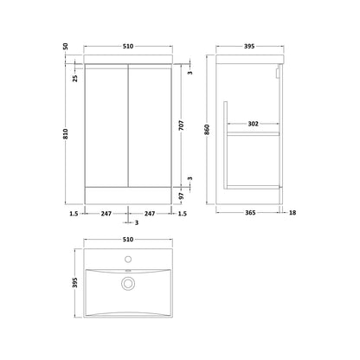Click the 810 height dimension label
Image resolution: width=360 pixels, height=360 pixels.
[x=66, y=133]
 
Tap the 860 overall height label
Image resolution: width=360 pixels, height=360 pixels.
[x=207, y=130]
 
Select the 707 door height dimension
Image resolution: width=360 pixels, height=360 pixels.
[x=181, y=125]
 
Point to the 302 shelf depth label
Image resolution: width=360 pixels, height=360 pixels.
[x=253, y=124]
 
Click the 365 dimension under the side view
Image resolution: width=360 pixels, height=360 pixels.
[x=250, y=213]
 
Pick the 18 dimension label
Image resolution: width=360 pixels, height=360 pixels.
[x=292, y=213]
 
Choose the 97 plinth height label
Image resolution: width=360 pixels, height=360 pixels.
[x=181, y=196]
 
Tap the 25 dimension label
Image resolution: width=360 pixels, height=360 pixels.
[x=75, y=78]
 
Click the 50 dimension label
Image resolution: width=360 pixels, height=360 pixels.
[x=66, y=46]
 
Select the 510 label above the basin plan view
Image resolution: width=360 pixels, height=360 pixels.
[x=128, y=240]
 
